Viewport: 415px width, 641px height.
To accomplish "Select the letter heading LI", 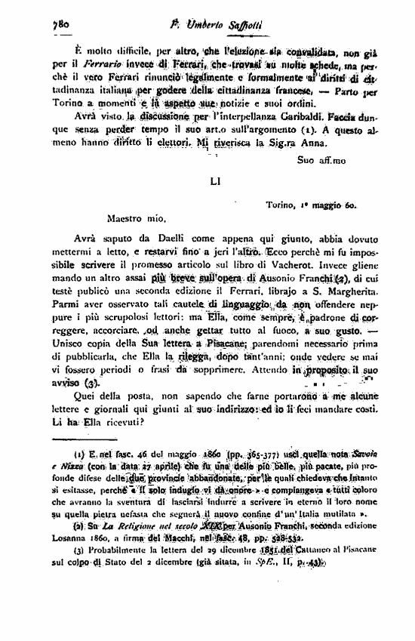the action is tap(214, 181).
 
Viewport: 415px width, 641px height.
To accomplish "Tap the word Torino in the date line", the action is tap(283, 205).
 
